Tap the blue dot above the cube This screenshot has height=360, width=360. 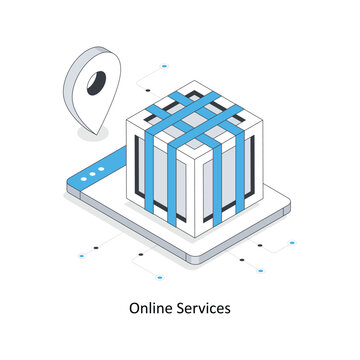tap(164, 67)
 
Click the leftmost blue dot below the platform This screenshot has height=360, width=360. tap(81, 256)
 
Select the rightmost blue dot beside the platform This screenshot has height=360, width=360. tap(293, 242)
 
